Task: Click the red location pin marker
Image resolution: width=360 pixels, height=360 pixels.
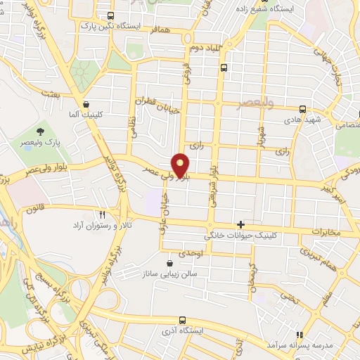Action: tap(181, 165)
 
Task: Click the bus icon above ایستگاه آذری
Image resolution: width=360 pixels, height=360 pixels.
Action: tap(183, 319)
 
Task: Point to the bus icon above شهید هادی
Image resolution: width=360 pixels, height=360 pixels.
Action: tap(303, 109)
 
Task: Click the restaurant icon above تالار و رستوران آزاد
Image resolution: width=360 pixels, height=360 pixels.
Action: tap(103, 215)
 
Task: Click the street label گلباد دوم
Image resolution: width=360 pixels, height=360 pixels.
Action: tap(204, 48)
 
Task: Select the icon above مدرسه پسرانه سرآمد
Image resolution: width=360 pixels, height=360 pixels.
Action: tap(300, 335)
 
